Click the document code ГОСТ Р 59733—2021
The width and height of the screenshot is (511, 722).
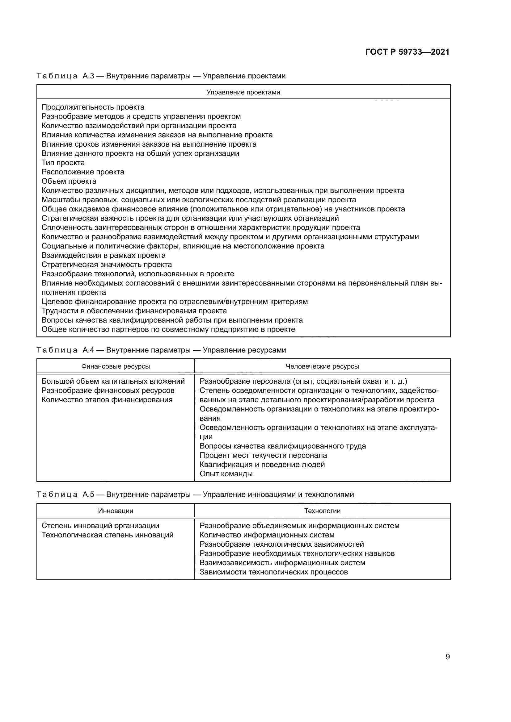point(407,52)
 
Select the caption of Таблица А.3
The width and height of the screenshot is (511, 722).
point(161,76)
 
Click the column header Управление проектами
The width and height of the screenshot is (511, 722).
point(243,93)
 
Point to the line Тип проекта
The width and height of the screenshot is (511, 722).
point(63,163)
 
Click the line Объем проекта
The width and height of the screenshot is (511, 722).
point(69,182)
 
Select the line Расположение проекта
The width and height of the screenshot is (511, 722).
point(83,172)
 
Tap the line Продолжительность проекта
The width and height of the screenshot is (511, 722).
point(93,107)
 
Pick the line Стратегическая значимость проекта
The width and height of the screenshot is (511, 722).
point(107,265)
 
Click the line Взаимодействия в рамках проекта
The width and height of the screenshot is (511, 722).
point(103,255)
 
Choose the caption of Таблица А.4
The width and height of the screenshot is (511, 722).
point(161,350)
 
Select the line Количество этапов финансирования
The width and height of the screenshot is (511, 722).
point(107,400)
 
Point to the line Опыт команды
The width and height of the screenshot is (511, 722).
point(226,474)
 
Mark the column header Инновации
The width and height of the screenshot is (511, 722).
point(116,511)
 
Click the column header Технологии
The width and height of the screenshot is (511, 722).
point(322,511)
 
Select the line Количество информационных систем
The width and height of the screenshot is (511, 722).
point(267,535)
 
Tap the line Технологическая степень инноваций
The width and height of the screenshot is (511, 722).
point(107,535)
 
